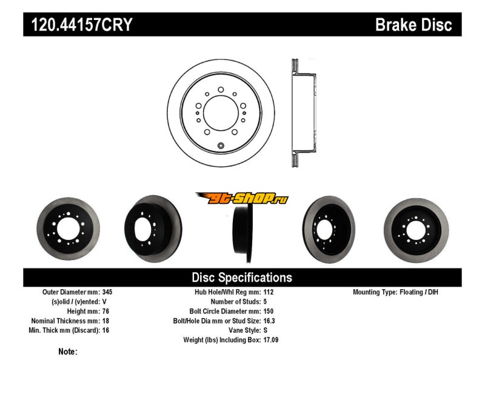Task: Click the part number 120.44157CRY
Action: (82, 25)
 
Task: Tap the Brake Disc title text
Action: (413, 25)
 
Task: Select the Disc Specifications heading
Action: (242, 278)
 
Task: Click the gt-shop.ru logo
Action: (242, 198)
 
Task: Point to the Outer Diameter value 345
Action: (107, 292)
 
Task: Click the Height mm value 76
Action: (105, 311)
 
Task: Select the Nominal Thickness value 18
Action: (105, 321)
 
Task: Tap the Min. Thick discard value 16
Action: (105, 330)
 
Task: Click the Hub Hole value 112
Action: (269, 292)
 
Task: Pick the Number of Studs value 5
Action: (265, 301)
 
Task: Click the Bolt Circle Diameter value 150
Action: (269, 311)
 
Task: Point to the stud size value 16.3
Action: (269, 321)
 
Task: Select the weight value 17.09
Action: (271, 340)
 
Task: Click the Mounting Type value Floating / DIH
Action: (419, 292)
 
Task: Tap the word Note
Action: (67, 352)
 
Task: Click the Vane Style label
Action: (245, 330)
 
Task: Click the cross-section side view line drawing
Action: (304, 113)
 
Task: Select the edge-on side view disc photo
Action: (243, 234)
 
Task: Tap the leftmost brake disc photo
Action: (68, 229)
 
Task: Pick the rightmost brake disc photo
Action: (416, 230)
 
